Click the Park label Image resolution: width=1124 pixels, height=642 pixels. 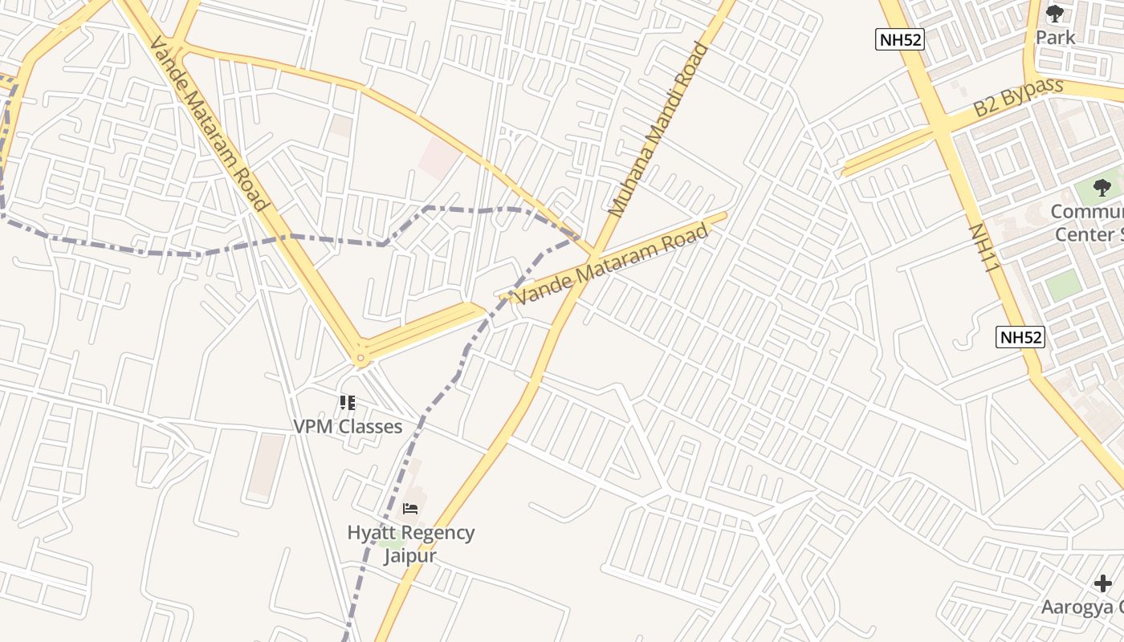click(x=1055, y=38)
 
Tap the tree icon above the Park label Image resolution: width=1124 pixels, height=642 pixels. click(x=1054, y=14)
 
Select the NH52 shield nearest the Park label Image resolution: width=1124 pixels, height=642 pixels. click(x=899, y=39)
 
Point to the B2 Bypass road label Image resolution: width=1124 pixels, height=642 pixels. click(x=1018, y=98)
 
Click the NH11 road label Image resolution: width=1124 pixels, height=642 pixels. click(x=985, y=247)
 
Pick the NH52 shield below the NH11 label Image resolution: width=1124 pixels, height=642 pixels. click(x=1020, y=337)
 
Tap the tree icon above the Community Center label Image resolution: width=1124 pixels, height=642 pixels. click(x=1102, y=188)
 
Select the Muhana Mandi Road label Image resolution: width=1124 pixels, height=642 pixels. click(x=660, y=130)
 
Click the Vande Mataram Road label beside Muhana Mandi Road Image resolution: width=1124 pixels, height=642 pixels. click(x=612, y=264)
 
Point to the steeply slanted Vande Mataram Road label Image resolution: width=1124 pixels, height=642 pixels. click(x=208, y=124)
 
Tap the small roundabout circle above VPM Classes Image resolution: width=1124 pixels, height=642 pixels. click(x=360, y=358)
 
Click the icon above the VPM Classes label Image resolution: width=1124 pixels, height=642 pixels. click(x=347, y=402)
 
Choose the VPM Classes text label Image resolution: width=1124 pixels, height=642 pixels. click(x=347, y=426)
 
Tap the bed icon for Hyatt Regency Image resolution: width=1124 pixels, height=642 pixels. click(x=410, y=509)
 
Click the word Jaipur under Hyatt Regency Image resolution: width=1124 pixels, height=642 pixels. click(x=410, y=555)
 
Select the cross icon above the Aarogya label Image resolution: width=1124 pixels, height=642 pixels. click(x=1103, y=583)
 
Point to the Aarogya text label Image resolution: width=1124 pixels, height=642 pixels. click(x=1082, y=607)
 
